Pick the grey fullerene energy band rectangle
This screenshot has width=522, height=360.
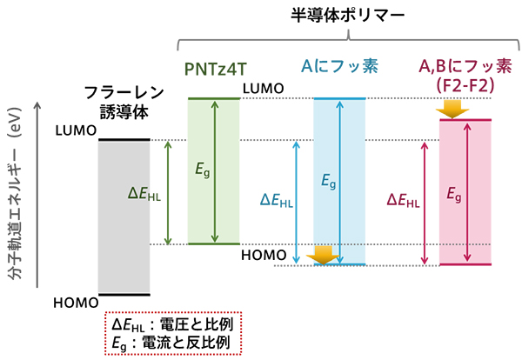(124, 217)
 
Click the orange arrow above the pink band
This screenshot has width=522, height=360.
(451, 109)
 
